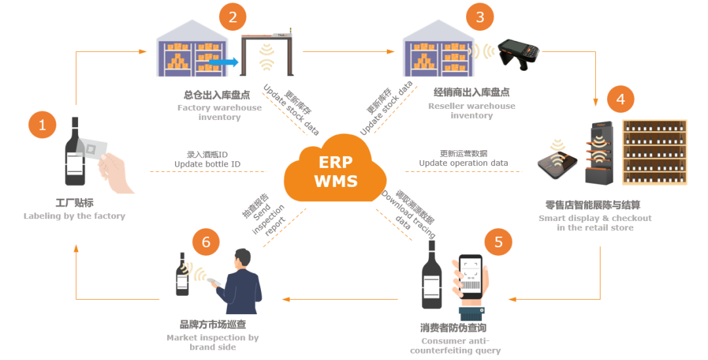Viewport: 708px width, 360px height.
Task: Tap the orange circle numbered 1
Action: point(43,125)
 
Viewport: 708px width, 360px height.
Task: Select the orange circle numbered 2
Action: point(233,16)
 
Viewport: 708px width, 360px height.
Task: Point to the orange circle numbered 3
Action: point(480,17)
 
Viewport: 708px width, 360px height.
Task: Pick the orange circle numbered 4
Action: point(620,99)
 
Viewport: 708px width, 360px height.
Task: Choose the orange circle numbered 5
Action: point(498,242)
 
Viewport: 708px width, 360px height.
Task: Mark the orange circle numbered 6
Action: point(206,242)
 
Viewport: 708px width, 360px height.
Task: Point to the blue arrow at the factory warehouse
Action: point(227,62)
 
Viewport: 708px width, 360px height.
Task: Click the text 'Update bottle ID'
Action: point(207,164)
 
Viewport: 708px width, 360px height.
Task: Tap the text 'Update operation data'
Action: point(463,163)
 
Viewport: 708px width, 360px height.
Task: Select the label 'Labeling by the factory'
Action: point(74,216)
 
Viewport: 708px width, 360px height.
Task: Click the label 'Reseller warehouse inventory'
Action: point(471,110)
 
